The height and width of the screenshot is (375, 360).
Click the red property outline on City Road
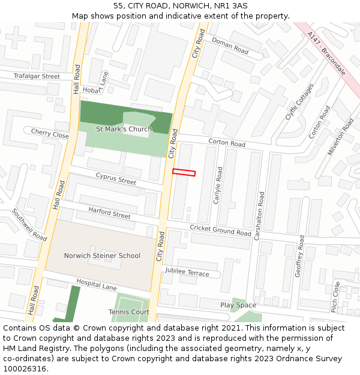coord(184,173)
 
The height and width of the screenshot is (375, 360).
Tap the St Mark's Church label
coord(124,129)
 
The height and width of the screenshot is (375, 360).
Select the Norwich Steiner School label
coord(102,256)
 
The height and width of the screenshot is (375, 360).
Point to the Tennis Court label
coord(129,312)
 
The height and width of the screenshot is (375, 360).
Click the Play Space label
coord(238,305)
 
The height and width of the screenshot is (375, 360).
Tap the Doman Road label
coord(230,45)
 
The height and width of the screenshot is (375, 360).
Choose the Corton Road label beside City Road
coord(227,143)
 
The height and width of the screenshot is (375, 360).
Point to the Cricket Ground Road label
coord(220,230)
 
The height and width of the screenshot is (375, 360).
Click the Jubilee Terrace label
coord(187,272)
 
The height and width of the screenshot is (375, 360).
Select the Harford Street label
coord(109,212)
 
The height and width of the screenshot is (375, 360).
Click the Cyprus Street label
coord(116,179)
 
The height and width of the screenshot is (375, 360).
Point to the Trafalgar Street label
coord(37,76)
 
